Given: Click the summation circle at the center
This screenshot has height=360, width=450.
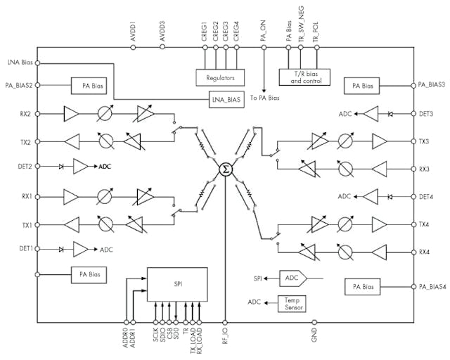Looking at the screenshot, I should [x=225, y=169].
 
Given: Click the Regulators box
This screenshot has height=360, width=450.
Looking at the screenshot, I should [x=219, y=77].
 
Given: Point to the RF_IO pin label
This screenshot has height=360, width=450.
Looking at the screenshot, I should [x=225, y=337].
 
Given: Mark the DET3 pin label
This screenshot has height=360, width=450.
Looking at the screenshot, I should [x=427, y=113].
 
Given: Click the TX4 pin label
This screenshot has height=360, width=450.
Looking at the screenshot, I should [x=425, y=224].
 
